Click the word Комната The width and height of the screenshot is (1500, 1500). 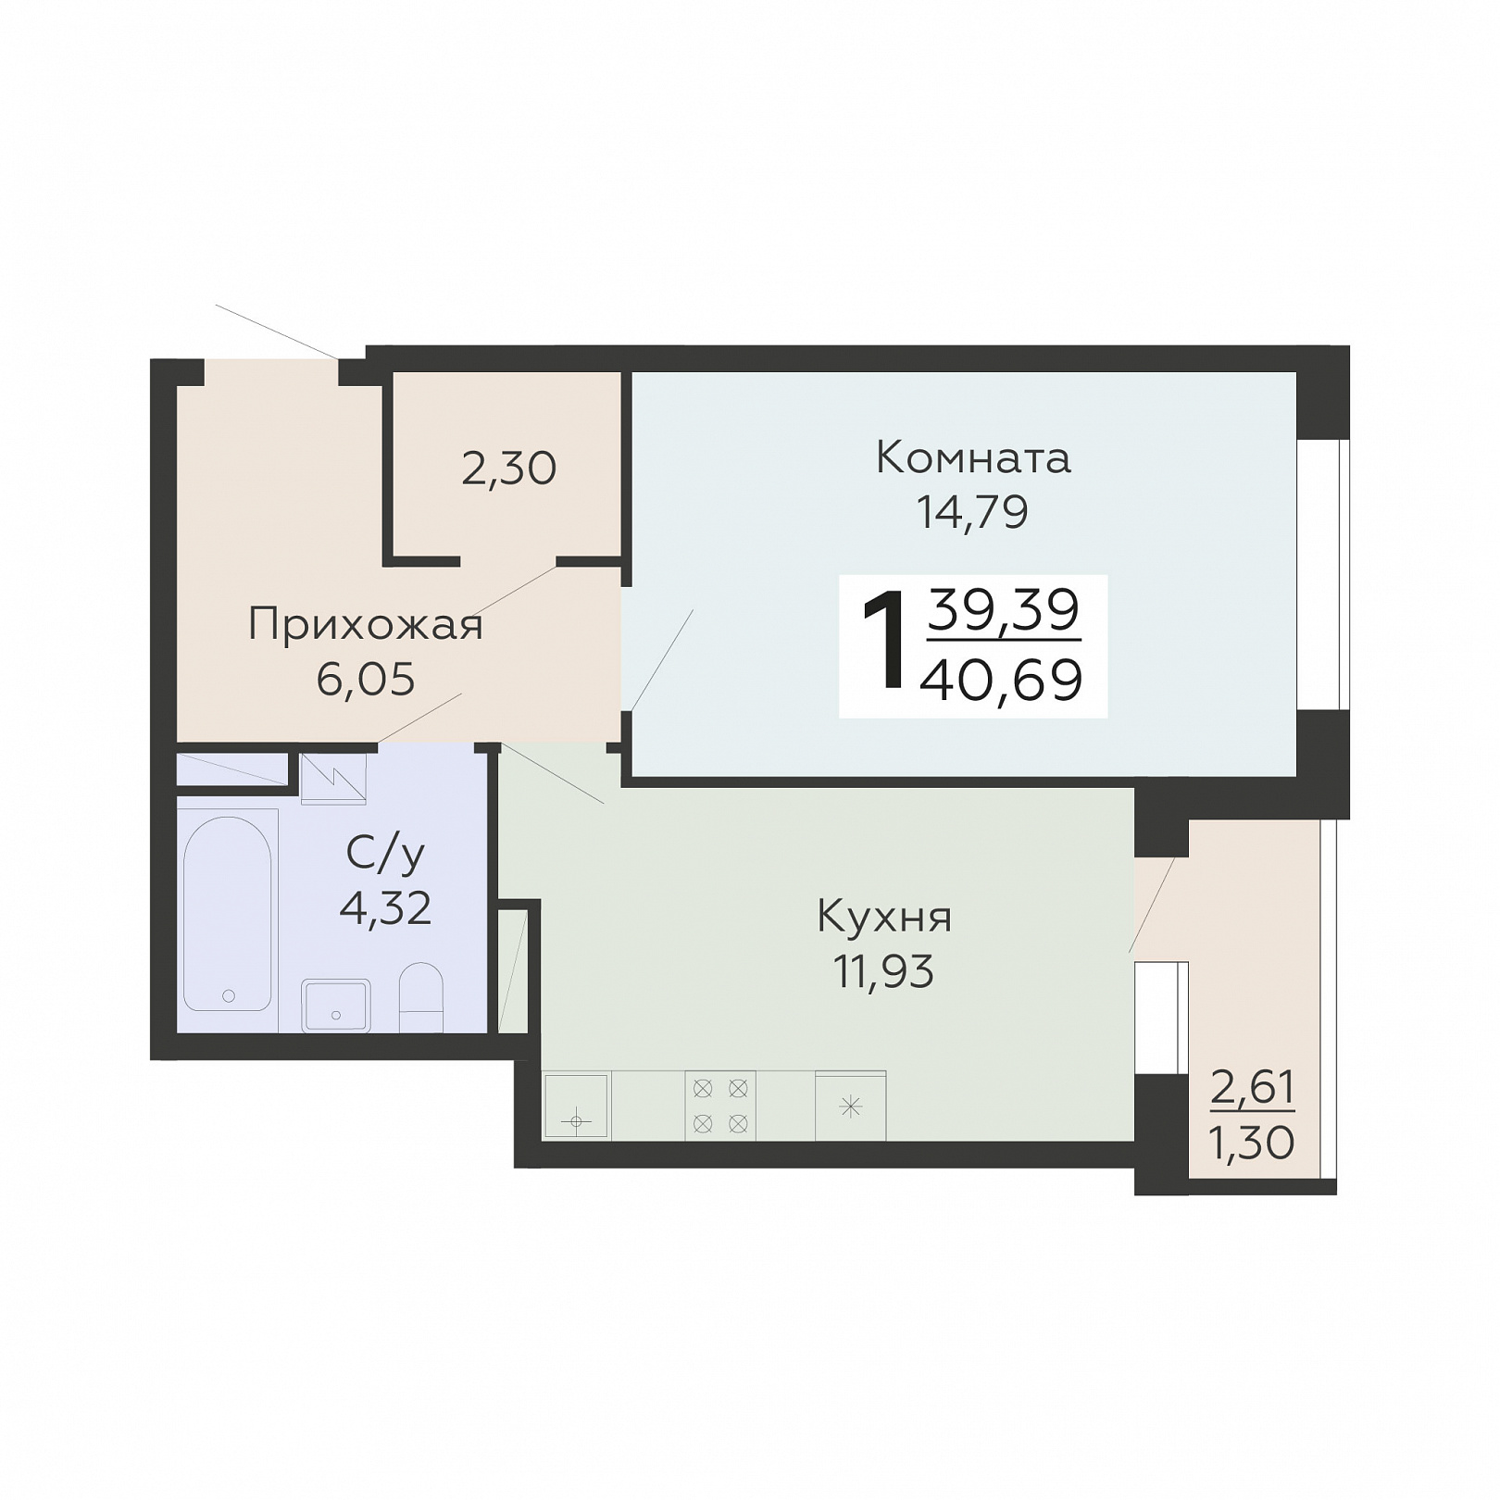(x=973, y=457)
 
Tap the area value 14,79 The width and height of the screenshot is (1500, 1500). (x=972, y=511)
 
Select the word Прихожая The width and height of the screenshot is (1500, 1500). (x=366, y=625)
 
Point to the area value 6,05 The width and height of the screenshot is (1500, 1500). (x=366, y=680)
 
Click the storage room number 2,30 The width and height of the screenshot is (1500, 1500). (x=508, y=469)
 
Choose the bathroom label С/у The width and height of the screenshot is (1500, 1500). (x=385, y=854)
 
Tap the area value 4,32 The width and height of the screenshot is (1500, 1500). (x=385, y=909)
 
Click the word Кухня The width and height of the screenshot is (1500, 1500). (x=884, y=918)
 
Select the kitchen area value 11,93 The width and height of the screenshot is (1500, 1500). (x=884, y=971)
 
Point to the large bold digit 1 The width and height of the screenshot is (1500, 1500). (x=883, y=642)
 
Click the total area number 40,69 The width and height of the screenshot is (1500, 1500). (x=1002, y=681)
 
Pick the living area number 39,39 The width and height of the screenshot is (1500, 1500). (x=1004, y=609)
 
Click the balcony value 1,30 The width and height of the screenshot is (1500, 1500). (x=1252, y=1144)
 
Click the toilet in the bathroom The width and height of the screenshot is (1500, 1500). (x=420, y=996)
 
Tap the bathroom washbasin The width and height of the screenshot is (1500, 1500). (x=336, y=1006)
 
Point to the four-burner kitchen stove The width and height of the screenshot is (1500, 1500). (x=720, y=1106)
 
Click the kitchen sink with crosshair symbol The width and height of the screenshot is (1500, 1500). (x=576, y=1105)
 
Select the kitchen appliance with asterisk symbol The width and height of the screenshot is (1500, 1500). (x=851, y=1106)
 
